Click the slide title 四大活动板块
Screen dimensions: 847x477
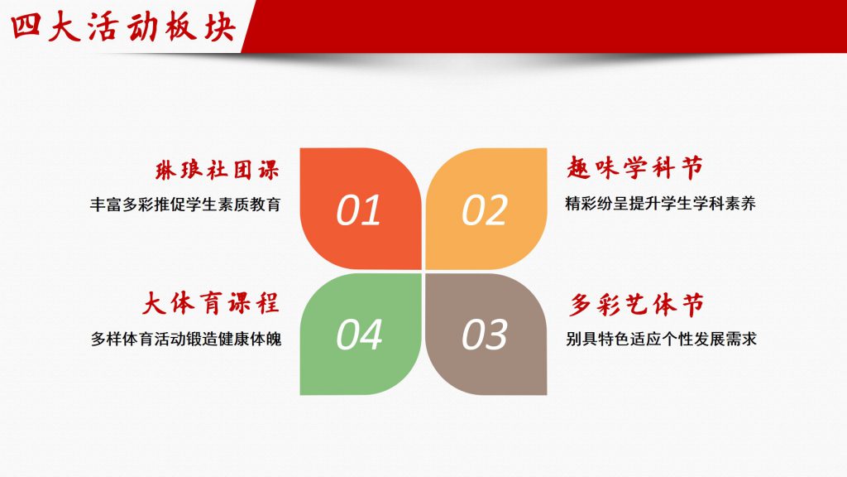[x=123, y=27]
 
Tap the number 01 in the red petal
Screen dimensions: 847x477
[x=359, y=210]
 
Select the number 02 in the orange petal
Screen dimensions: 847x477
[x=485, y=210]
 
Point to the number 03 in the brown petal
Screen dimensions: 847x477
[x=485, y=335]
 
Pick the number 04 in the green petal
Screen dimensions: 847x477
[x=359, y=335]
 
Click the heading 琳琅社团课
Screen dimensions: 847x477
[x=218, y=170]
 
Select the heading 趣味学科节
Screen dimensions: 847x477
[x=634, y=167]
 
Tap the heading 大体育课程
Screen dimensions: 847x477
[x=211, y=303]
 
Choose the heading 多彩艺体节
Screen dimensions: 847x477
[x=636, y=306]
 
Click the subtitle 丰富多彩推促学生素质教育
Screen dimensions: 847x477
[x=185, y=205]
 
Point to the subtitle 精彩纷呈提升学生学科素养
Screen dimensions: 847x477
[x=660, y=204]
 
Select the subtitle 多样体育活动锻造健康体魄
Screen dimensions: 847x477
[x=186, y=339]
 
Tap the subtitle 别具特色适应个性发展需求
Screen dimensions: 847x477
[x=661, y=339]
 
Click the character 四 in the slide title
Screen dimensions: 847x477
[x=26, y=26]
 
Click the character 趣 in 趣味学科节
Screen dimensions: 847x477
[x=578, y=168]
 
